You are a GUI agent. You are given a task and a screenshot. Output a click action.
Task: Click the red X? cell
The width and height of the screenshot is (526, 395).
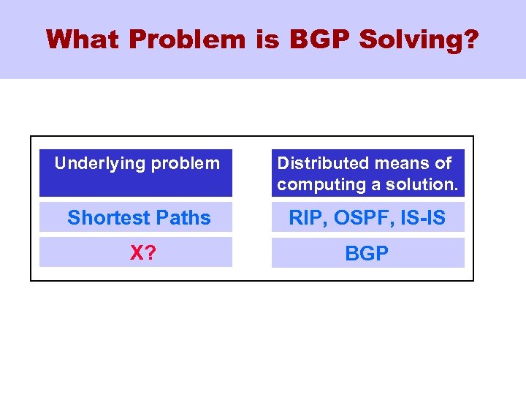(x=141, y=253)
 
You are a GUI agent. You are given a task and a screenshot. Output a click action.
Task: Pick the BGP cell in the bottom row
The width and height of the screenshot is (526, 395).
(x=367, y=253)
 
